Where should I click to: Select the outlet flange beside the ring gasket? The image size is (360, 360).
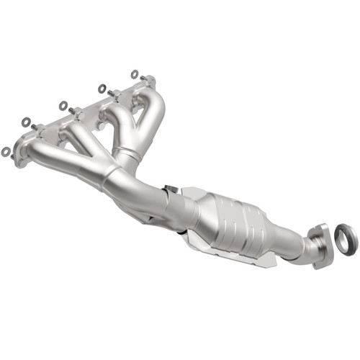pyautogui.click(x=320, y=240)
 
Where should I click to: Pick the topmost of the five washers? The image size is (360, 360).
pyautogui.click(x=135, y=73)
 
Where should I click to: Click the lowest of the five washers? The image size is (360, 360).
pyautogui.click(x=7, y=151)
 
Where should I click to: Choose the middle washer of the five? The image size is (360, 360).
pyautogui.click(x=63, y=105)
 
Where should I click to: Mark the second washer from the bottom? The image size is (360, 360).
pyautogui.click(x=26, y=122)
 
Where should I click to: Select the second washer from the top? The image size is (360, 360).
pyautogui.click(x=102, y=89)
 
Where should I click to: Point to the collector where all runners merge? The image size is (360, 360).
pyautogui.click(x=119, y=176)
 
